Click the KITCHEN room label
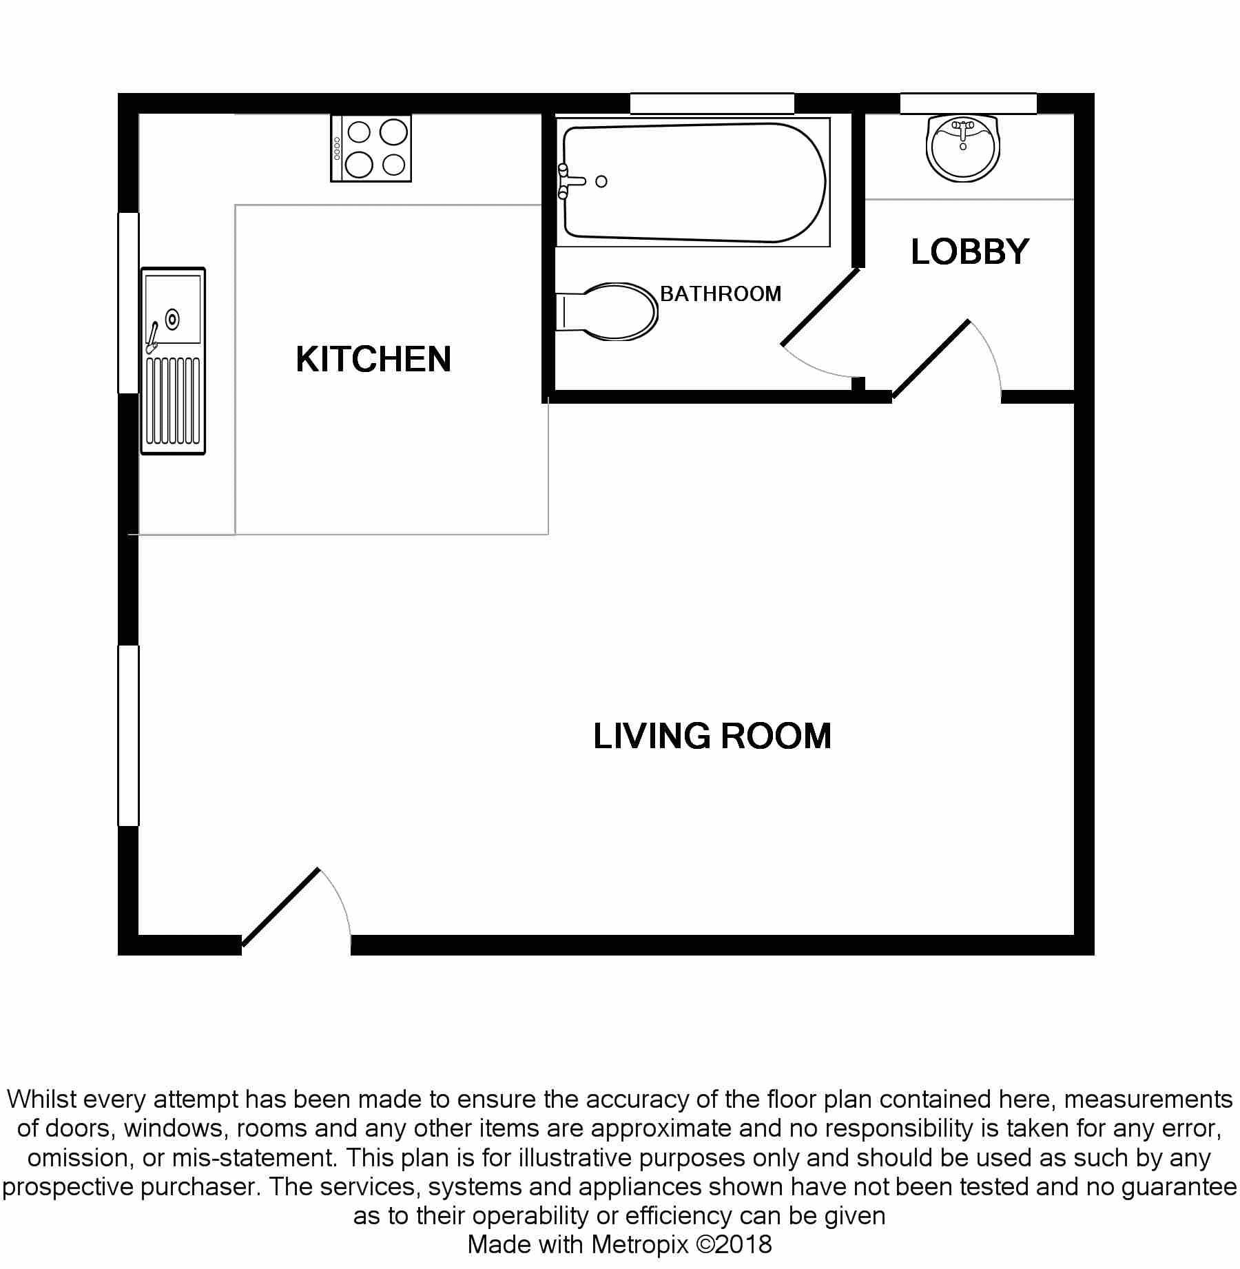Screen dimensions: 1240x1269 point(373,359)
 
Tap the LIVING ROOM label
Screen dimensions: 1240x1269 point(712,736)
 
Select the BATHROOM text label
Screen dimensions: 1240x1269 point(721,294)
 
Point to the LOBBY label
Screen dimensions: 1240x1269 point(970,251)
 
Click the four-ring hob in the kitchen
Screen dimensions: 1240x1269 point(371,149)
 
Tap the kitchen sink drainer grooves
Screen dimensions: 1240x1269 point(174,400)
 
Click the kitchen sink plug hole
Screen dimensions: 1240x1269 point(172,320)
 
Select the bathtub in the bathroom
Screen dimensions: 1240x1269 point(693,183)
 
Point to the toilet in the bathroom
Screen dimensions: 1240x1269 point(606,311)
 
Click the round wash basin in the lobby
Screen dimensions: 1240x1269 point(963,149)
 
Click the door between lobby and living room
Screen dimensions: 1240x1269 point(931,359)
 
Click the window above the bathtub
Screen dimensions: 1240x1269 point(712,103)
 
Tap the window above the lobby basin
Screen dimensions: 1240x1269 point(969,103)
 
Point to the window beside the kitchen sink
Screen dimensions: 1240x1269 point(129,303)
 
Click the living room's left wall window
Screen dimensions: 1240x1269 point(129,735)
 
